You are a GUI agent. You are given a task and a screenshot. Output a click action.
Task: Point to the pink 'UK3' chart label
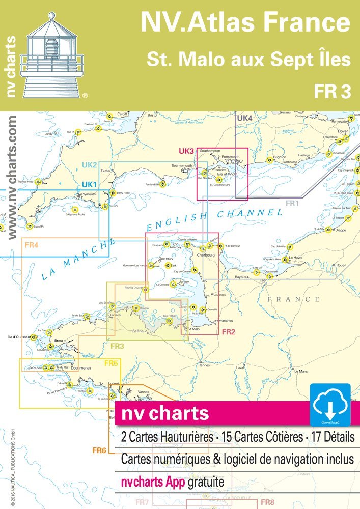coord(187,151)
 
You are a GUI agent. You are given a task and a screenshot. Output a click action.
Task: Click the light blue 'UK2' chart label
coord(90,165)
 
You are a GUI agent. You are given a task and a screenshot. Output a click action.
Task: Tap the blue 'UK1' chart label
coord(90,184)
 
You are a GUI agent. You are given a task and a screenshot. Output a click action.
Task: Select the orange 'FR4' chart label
coord(32,245)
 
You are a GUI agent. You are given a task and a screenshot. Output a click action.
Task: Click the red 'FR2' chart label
coord(228,332)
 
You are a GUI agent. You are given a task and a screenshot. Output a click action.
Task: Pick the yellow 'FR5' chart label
coord(112,363)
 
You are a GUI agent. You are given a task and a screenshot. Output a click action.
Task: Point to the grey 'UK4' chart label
coord(245,118)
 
